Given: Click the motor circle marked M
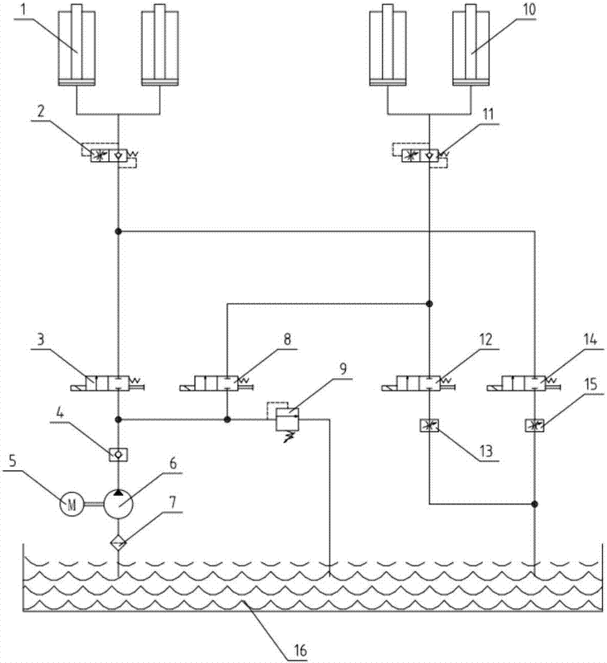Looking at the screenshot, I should (x=71, y=505).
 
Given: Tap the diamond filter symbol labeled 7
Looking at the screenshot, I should (x=119, y=542).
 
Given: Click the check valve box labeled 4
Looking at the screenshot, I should (x=119, y=454).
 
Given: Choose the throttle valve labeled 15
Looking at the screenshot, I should (x=534, y=425).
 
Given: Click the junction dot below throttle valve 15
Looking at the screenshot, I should (x=534, y=504).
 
